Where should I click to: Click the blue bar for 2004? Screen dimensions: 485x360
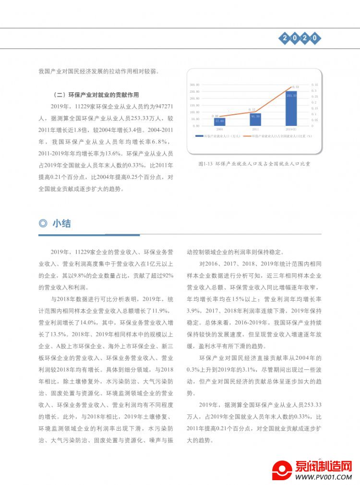pyautogui.click(x=219, y=121)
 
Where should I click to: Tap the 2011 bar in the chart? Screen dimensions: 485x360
pyautogui.click(x=255, y=119)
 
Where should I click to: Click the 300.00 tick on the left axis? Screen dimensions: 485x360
pyautogui.click(x=195, y=84)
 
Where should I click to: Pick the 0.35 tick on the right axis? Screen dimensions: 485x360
pyautogui.click(x=314, y=84)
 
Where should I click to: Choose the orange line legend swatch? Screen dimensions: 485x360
pyautogui.click(x=248, y=137)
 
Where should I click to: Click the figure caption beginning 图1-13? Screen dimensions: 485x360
pyautogui.click(x=254, y=164)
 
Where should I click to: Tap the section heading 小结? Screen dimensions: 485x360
pyautogui.click(x=62, y=223)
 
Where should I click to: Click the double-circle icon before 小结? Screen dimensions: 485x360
pyautogui.click(x=43, y=223)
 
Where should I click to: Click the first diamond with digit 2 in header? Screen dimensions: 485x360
pyautogui.click(x=285, y=38)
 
